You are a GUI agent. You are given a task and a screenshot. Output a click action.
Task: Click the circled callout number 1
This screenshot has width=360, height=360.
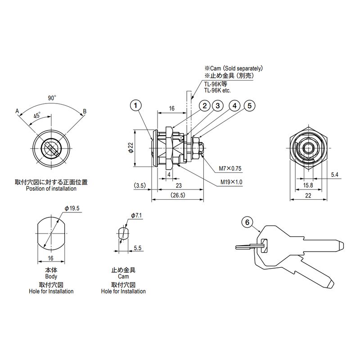pyautogui.click(x=136, y=106)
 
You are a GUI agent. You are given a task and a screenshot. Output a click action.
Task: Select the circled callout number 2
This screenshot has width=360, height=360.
pyautogui.click(x=205, y=106)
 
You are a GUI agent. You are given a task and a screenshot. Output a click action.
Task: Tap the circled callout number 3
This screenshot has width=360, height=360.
pyautogui.click(x=217, y=106)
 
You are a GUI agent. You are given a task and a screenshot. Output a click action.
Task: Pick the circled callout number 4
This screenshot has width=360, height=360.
pyautogui.click(x=234, y=106)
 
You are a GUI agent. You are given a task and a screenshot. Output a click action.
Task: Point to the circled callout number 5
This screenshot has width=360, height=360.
pyautogui.click(x=249, y=106)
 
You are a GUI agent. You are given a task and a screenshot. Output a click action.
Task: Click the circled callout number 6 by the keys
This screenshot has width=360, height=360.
pyautogui.click(x=247, y=222)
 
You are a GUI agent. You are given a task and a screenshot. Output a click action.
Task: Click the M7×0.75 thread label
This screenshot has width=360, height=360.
pyautogui.click(x=230, y=168)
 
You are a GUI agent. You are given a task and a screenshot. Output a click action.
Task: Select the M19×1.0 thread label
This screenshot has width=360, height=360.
pyautogui.click(x=231, y=182)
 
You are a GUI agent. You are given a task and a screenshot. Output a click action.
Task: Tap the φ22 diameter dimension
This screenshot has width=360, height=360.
pyautogui.click(x=130, y=148)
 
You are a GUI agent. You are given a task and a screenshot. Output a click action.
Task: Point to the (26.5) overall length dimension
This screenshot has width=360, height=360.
pyautogui.click(x=178, y=195)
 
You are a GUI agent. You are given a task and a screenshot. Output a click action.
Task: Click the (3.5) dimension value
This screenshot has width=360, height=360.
pyautogui.click(x=140, y=185)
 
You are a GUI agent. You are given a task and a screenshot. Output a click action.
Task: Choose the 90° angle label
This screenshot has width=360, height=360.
pyautogui.click(x=52, y=98)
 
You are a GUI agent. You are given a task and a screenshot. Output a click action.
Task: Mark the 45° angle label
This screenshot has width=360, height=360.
pyautogui.click(x=37, y=115)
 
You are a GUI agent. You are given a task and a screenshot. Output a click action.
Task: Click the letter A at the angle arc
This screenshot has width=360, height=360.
pyautogui.click(x=17, y=111)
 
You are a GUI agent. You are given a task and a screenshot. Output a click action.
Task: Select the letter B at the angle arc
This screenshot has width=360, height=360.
pyautogui.click(x=85, y=111)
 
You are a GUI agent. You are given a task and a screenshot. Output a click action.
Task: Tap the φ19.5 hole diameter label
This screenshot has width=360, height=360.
pyautogui.click(x=72, y=208)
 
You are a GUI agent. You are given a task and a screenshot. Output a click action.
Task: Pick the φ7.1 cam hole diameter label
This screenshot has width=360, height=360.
pyautogui.click(x=136, y=216)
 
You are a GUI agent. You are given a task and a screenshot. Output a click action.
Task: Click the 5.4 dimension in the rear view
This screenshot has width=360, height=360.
pyautogui.click(x=334, y=175)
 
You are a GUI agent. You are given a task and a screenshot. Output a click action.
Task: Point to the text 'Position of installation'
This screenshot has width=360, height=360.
pyautogui.click(x=51, y=189)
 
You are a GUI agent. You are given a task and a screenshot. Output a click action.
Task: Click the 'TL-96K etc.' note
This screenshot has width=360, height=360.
pyautogui.click(x=217, y=90)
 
